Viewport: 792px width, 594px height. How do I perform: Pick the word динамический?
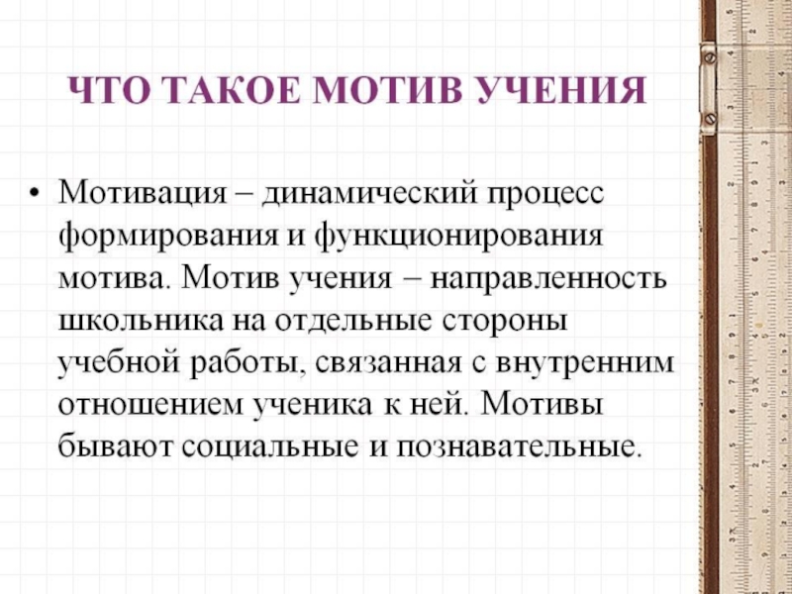pos(368,189)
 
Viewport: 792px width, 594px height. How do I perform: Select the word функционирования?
pos(459,237)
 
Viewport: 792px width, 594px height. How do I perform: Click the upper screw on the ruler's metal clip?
pos(709,57)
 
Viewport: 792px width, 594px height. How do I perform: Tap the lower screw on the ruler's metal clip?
pos(709,118)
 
